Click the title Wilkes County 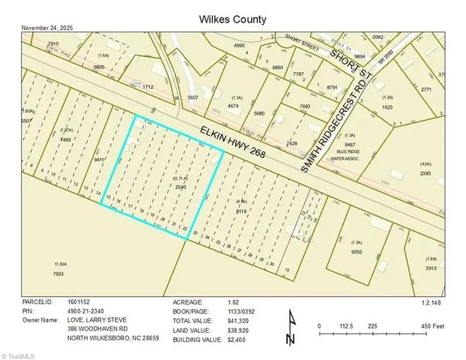coord(233,18)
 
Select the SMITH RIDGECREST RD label coord(338,127)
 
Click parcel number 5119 coord(241,212)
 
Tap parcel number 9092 coord(357,251)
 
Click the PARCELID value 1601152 coord(78,302)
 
